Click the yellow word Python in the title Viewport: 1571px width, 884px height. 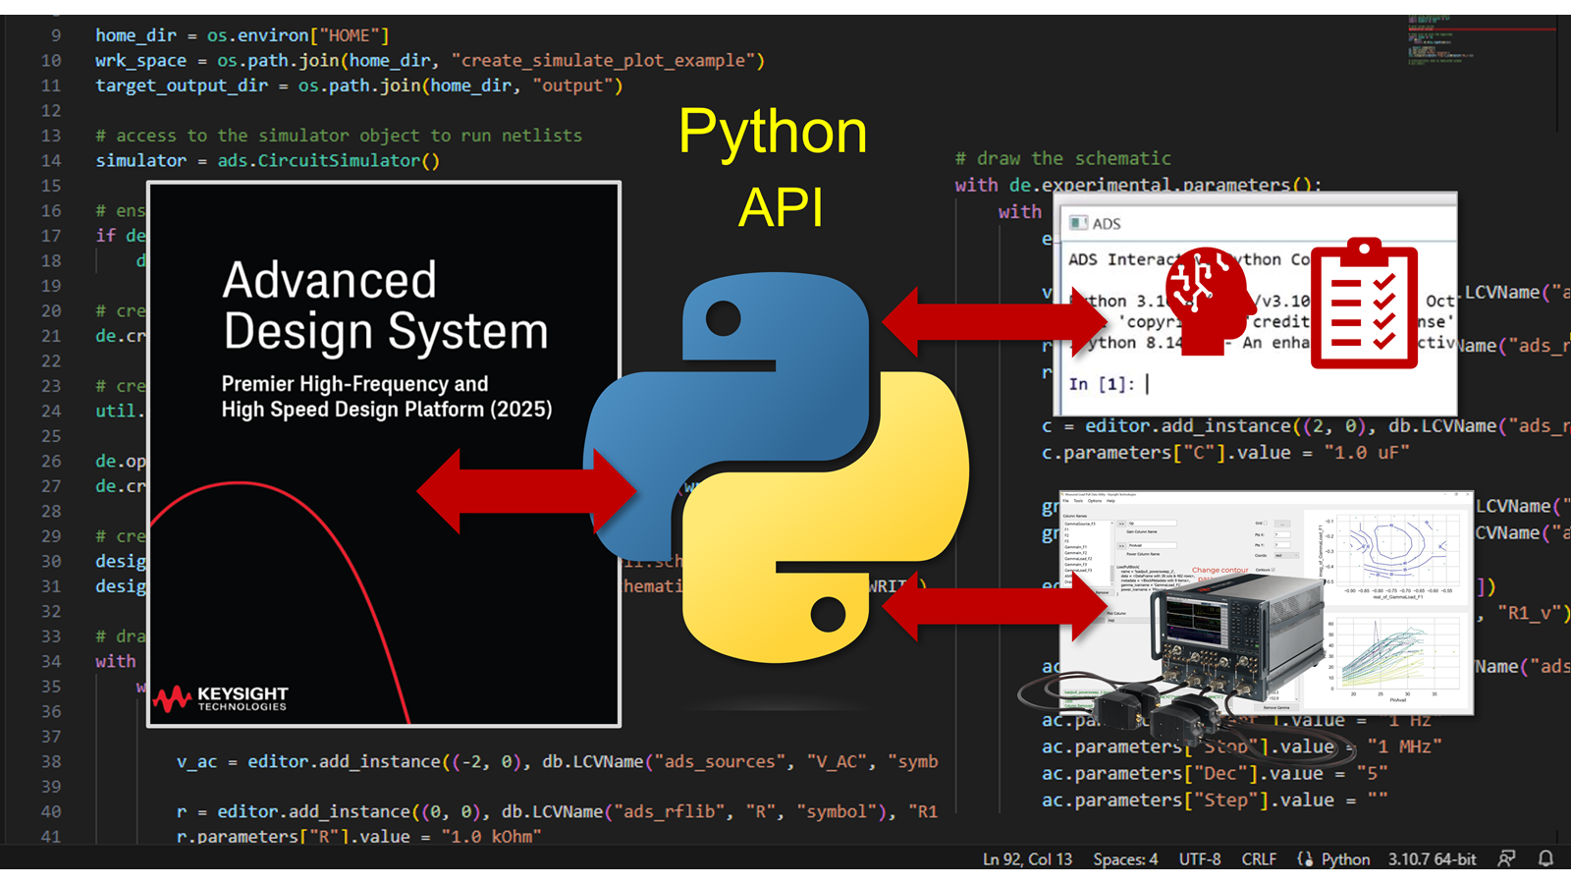(x=773, y=133)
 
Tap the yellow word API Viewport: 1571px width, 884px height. (x=781, y=207)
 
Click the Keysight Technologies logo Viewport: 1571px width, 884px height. (x=220, y=698)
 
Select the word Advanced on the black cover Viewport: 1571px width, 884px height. (x=329, y=281)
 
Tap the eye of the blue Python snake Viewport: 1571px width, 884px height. (x=724, y=318)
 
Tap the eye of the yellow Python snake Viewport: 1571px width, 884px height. (x=828, y=615)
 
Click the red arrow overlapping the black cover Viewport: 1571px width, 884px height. (x=525, y=490)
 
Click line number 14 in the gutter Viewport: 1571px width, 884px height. (x=51, y=160)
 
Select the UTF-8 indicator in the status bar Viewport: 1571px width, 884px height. (x=1200, y=859)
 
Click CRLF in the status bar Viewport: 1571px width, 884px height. (x=1259, y=859)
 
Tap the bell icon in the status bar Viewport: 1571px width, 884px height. (x=1545, y=859)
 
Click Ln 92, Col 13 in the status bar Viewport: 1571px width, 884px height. (x=1027, y=859)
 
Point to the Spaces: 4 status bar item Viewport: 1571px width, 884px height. (x=1125, y=859)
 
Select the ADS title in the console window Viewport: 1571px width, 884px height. (x=1106, y=224)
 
